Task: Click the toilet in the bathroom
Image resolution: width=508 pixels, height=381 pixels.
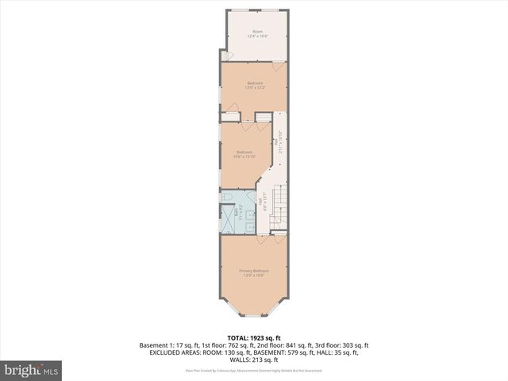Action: tap(227, 196)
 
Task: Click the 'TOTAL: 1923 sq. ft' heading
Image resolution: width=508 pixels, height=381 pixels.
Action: tap(254, 337)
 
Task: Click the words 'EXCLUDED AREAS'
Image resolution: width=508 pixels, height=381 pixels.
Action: tap(171, 352)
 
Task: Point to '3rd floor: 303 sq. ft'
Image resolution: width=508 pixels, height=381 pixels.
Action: tap(343, 345)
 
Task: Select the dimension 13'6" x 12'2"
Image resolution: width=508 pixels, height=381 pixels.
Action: tap(255, 87)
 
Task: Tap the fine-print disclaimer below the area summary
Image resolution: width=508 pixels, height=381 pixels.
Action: tap(254, 369)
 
